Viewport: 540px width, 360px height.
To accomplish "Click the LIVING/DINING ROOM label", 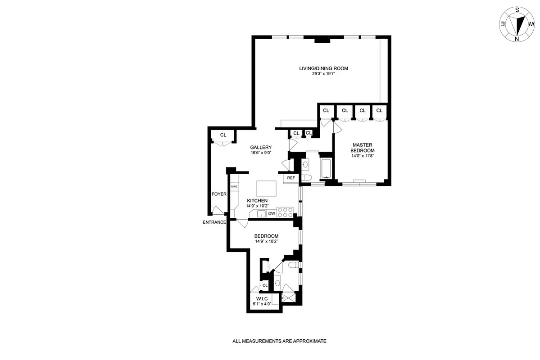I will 324,68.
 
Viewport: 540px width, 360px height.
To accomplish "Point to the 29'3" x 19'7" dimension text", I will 324,74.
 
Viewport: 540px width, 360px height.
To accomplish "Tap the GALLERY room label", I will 261,147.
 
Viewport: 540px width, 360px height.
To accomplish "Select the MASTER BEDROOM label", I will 363,148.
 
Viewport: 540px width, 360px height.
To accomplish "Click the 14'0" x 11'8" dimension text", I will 363,156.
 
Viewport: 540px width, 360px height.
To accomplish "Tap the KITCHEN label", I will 257,201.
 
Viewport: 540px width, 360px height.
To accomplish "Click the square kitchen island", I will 266,187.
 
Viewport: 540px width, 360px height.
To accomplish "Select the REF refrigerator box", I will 291,178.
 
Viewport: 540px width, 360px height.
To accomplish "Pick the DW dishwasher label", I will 272,214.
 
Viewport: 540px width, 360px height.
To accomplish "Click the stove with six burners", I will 285,212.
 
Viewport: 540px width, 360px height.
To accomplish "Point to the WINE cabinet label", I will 234,186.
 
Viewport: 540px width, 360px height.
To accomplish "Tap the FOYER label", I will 219,194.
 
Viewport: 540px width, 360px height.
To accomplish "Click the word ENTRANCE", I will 214,222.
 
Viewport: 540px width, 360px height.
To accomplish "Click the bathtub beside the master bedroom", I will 325,166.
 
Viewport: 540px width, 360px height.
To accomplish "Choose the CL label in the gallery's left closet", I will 223,135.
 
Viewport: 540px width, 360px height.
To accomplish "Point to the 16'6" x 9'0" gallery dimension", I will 261,153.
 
